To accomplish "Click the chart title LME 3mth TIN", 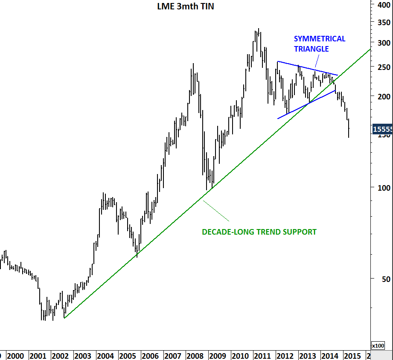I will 186,6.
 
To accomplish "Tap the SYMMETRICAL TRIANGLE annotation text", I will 320,44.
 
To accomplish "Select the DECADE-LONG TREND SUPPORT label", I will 259,232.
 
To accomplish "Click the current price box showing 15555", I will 382,129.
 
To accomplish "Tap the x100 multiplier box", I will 378,345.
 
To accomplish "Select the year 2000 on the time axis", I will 15,356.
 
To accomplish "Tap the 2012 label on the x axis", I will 284,356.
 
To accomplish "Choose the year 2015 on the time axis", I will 351,356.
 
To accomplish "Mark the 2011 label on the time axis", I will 262,356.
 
